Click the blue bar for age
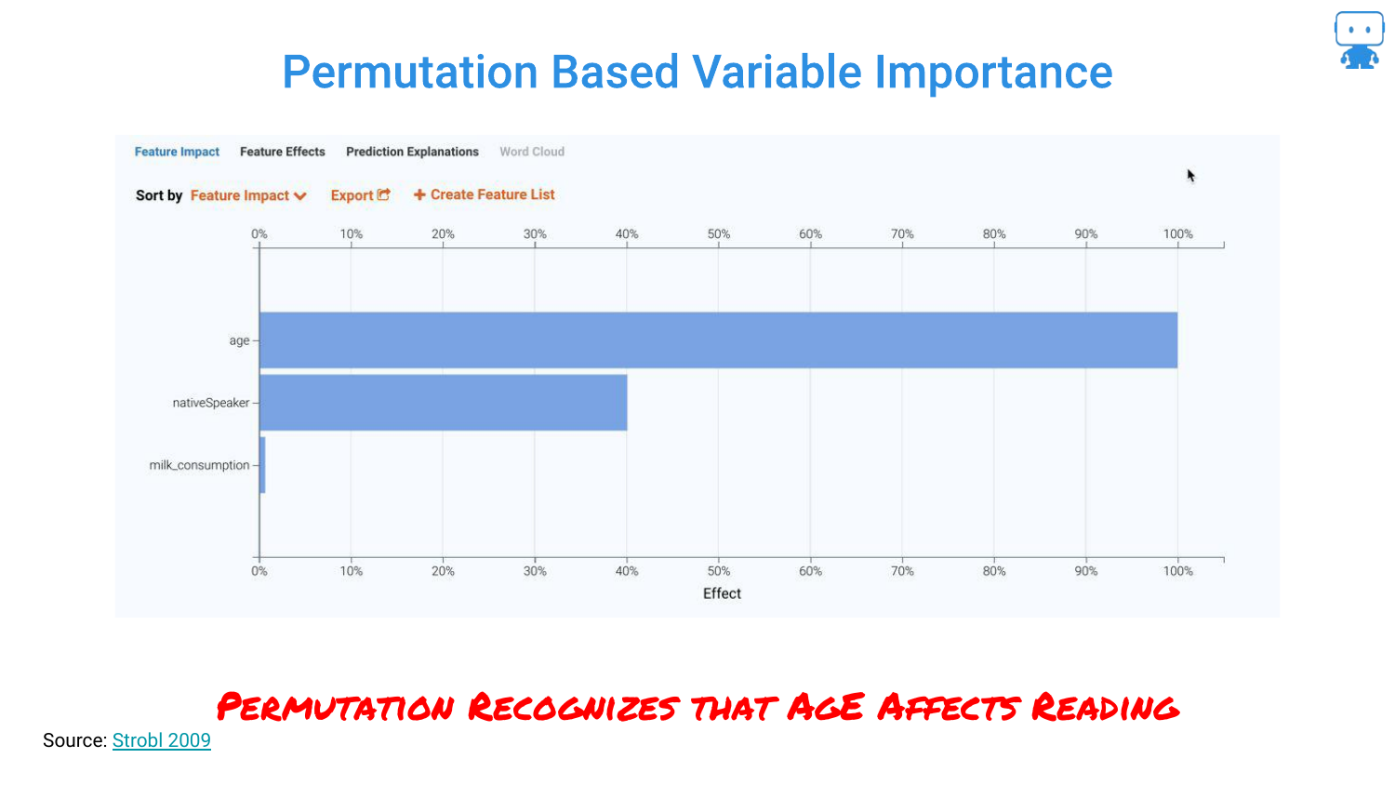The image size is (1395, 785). [718, 340]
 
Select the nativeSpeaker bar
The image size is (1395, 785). [443, 403]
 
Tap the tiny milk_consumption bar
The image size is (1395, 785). [263, 465]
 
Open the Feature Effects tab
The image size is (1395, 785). [282, 152]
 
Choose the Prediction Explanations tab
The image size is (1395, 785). [412, 152]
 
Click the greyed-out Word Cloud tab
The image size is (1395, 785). [532, 152]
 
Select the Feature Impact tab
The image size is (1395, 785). [177, 152]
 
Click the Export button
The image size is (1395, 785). [360, 195]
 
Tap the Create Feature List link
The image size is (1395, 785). [484, 194]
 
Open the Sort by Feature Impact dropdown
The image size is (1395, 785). [248, 195]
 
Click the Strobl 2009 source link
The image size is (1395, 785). [161, 740]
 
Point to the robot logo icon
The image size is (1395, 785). [1360, 40]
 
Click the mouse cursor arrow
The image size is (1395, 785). [1190, 176]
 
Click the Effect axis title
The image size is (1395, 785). [722, 593]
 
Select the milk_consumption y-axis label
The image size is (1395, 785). [199, 465]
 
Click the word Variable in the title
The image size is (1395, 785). [776, 73]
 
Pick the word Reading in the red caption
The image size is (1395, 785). [1105, 707]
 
